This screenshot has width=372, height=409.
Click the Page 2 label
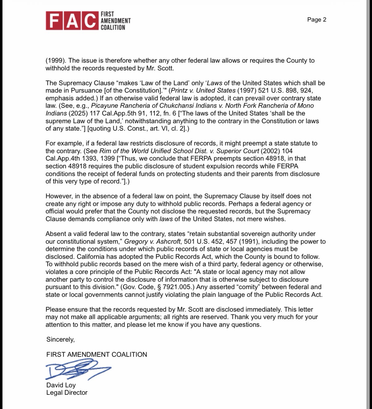point(316,20)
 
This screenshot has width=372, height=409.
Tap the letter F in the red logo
point(54,21)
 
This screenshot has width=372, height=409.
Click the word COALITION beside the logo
point(113,27)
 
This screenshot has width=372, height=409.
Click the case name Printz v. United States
point(203,91)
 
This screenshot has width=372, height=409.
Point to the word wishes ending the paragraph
point(274,219)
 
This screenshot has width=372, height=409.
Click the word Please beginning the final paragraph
point(56,310)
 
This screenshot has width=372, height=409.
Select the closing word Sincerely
point(60,339)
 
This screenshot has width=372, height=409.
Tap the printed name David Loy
point(61,385)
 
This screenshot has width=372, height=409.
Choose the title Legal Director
point(67,393)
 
